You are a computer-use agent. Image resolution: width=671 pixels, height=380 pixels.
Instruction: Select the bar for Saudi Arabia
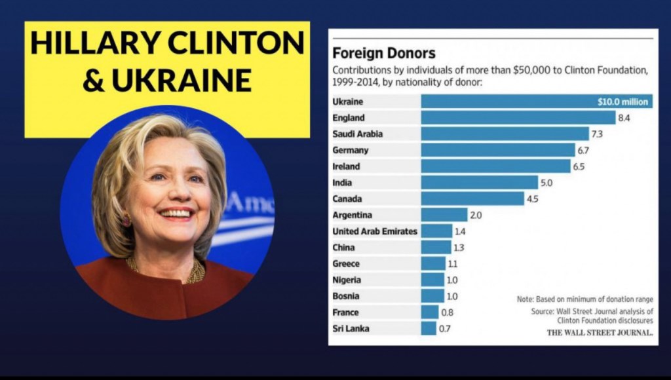[x=505, y=134]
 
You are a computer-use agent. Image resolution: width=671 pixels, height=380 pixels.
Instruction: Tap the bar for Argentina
[x=444, y=215]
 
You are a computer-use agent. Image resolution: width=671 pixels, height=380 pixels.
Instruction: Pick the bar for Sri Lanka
[x=429, y=328]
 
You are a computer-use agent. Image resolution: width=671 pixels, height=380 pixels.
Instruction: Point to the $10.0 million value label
[x=623, y=102]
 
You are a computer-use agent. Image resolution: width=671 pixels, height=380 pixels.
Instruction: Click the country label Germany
[x=351, y=150]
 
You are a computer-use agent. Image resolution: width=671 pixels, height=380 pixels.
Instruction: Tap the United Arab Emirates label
[x=374, y=231]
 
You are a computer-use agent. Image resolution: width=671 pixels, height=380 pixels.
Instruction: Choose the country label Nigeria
[x=347, y=280]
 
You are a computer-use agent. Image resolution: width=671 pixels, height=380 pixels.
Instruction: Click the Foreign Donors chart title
[x=384, y=54]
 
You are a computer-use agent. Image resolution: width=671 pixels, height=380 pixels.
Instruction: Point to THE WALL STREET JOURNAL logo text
[x=600, y=332]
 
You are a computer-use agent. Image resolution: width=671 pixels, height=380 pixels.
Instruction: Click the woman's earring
[x=126, y=220]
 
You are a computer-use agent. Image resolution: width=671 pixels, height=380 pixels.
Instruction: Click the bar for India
[x=478, y=183]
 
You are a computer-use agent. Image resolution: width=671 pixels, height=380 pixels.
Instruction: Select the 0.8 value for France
[x=447, y=313]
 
